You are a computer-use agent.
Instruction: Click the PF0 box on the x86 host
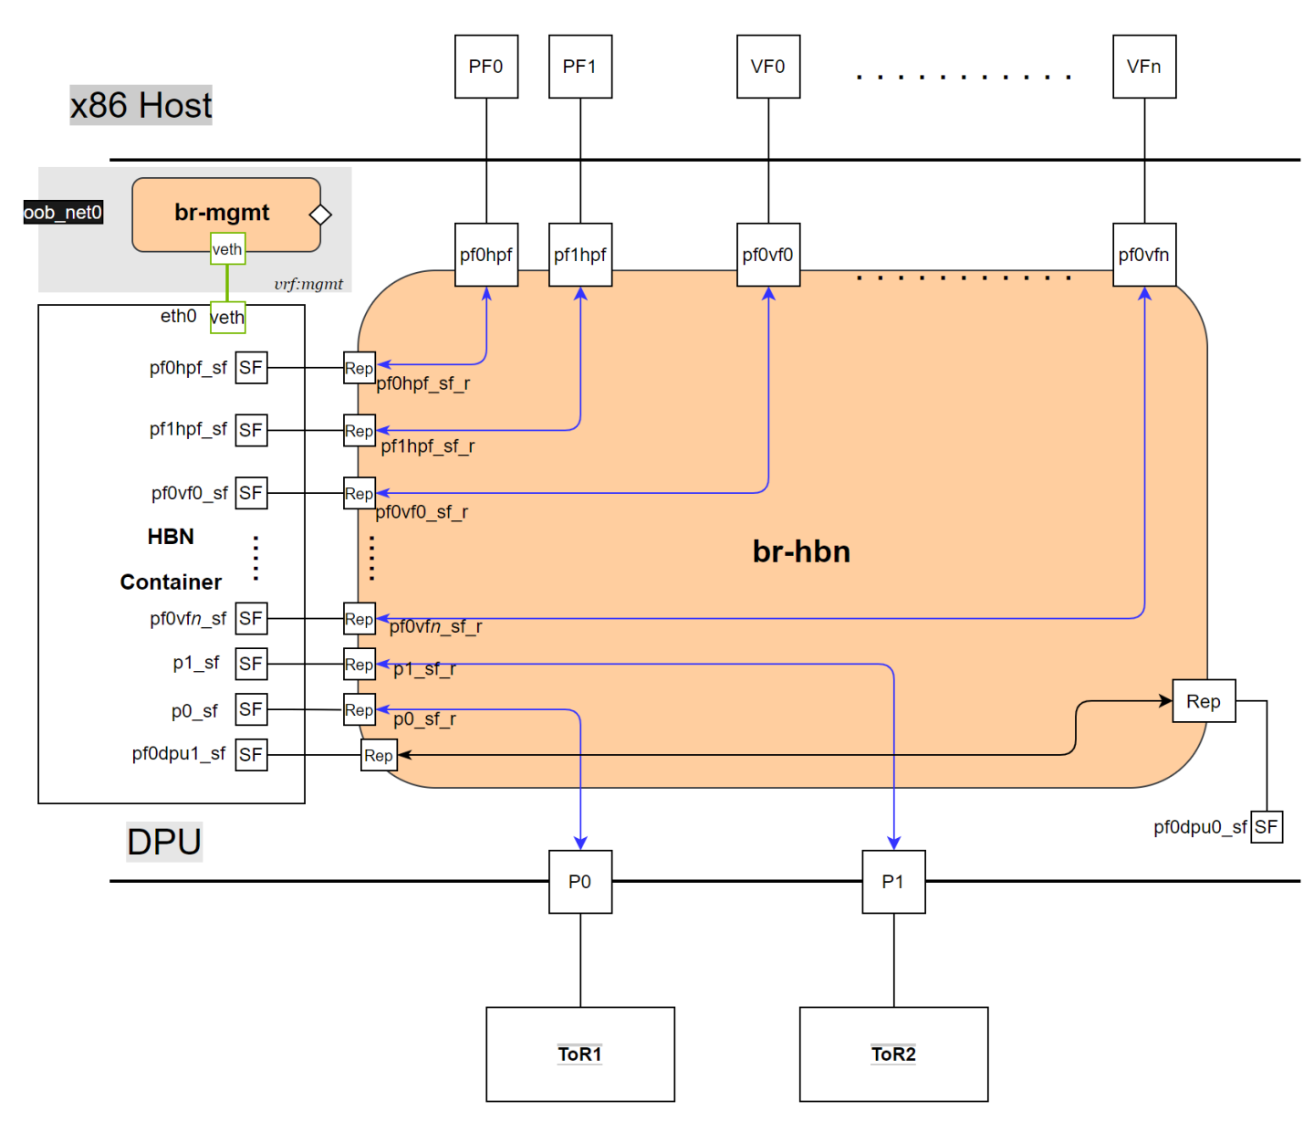486,67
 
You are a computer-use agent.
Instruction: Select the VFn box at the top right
1143,67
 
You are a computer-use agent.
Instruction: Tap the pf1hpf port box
579,255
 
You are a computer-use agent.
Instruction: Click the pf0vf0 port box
767,255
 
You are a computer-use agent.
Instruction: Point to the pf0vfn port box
1143,255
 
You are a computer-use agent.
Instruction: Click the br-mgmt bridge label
222,213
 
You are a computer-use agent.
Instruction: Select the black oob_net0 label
63,213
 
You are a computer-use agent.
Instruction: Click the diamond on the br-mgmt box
320,215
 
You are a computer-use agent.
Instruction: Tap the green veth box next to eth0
227,318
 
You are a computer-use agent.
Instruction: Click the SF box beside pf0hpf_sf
251,368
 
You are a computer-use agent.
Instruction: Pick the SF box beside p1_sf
251,664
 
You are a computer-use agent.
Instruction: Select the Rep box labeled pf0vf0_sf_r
359,494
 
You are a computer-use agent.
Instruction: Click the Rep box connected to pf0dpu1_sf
379,755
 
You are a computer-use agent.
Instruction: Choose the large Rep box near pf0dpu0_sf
1203,701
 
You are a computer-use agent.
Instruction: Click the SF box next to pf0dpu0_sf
1266,827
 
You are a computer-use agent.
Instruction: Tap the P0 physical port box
579,882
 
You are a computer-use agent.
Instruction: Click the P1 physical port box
893,882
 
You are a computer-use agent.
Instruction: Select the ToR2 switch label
893,1054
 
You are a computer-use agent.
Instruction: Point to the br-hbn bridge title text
801,551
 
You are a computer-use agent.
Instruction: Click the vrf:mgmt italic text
308,284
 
